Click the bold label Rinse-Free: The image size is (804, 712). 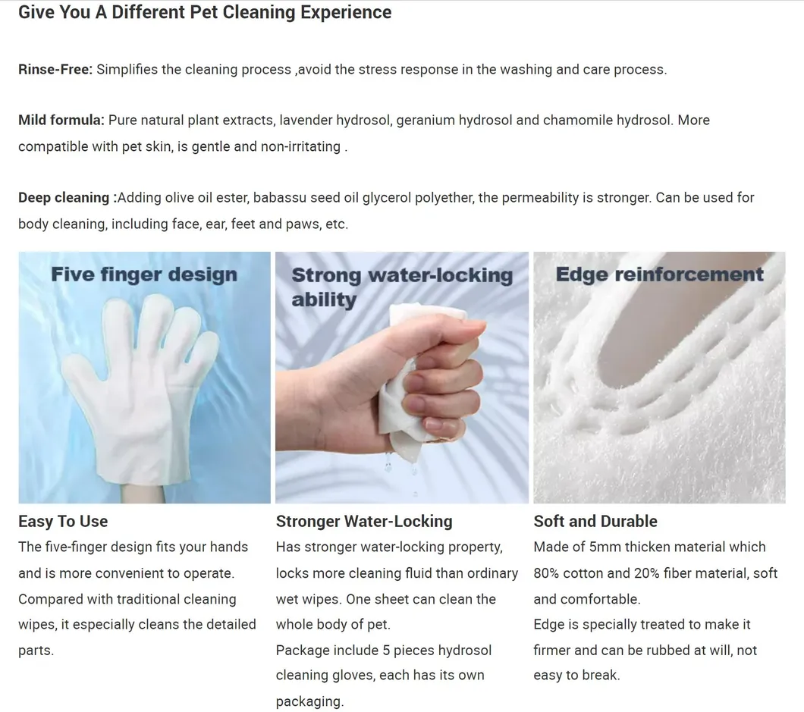pyautogui.click(x=55, y=69)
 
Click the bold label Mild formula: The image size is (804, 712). pyautogui.click(x=61, y=120)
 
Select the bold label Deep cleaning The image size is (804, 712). pyautogui.click(x=64, y=198)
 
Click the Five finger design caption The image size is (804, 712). pyautogui.click(x=144, y=274)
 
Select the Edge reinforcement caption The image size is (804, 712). pyautogui.click(x=660, y=274)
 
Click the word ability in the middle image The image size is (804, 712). pyautogui.click(x=324, y=300)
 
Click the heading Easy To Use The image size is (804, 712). pyautogui.click(x=63, y=522)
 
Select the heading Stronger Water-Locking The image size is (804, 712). pyautogui.click(x=364, y=522)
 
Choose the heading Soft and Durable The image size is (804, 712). pyautogui.click(x=595, y=522)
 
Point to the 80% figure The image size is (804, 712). pyautogui.click(x=546, y=573)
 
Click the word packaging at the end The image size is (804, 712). pyautogui.click(x=309, y=701)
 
